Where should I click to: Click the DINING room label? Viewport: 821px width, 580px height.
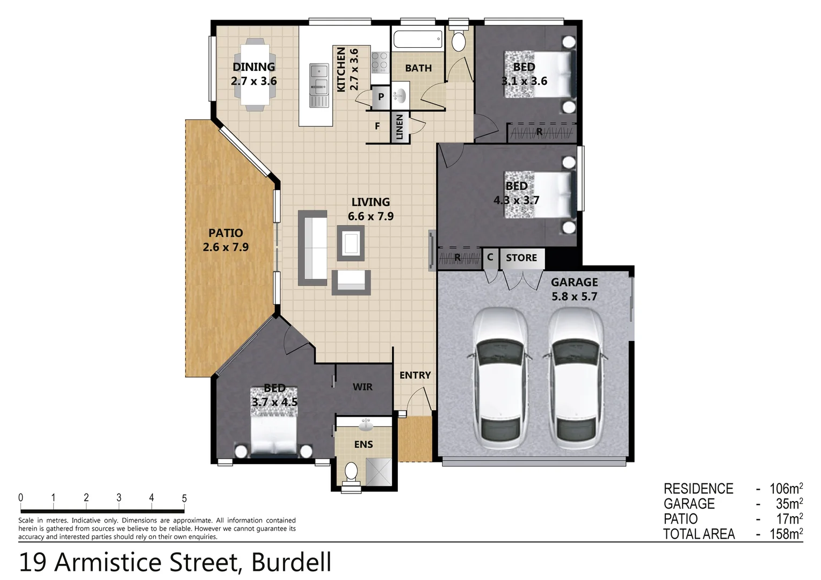(253, 67)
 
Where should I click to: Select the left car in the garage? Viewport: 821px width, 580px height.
(499, 379)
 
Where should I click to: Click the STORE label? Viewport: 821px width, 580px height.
(521, 258)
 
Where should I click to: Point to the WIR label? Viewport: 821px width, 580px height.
(362, 387)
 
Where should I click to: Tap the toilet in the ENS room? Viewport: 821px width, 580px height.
(351, 473)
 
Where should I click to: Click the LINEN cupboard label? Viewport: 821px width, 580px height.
(399, 127)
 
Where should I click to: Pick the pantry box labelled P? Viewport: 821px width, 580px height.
(381, 97)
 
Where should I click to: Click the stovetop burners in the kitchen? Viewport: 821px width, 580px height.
(380, 62)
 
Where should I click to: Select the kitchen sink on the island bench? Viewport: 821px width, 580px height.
(319, 77)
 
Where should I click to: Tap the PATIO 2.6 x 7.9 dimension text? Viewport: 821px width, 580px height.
(226, 248)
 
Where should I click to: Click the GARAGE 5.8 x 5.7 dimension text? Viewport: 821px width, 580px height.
(574, 296)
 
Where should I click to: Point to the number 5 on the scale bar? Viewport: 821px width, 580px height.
(184, 498)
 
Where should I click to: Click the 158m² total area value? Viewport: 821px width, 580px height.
(786, 534)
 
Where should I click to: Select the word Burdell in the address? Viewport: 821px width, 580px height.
(291, 562)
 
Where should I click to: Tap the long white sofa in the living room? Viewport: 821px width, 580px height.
(313, 248)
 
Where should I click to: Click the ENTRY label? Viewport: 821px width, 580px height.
(415, 375)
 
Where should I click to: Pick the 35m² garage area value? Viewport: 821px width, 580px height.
(789, 504)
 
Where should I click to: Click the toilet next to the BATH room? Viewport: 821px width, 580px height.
(459, 41)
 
